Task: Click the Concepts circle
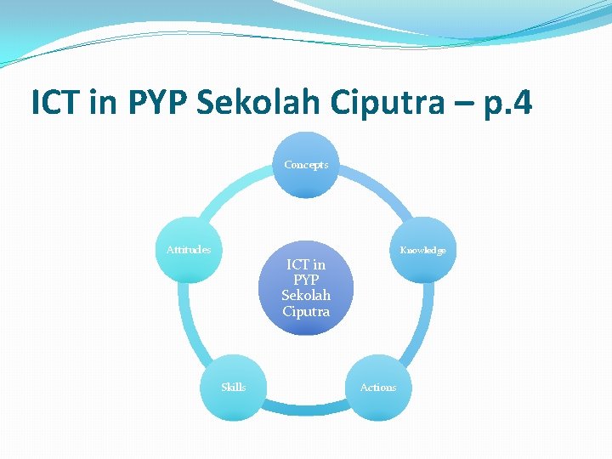(306, 165)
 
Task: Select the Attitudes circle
(189, 251)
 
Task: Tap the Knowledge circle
(423, 251)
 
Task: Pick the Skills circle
(234, 388)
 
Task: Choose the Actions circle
(378, 388)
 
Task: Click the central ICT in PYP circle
(306, 287)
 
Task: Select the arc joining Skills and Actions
(306, 411)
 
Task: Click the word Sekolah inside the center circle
(306, 296)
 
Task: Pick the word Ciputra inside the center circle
(306, 311)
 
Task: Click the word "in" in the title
(104, 103)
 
